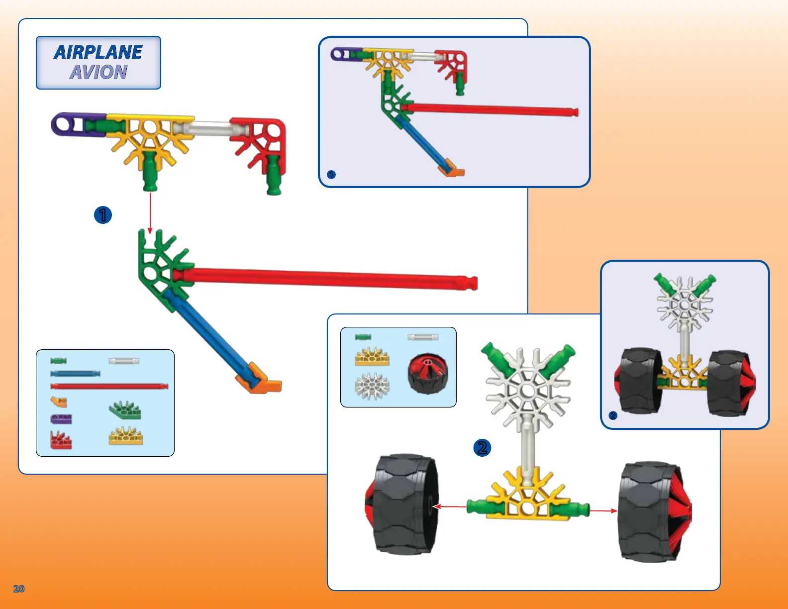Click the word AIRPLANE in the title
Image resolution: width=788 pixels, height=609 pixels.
(98, 52)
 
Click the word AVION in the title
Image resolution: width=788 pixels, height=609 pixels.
(98, 73)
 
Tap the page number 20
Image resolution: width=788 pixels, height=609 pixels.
(19, 589)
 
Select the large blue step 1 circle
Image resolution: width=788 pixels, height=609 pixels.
(103, 215)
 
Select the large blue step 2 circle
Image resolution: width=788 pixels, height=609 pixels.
(482, 447)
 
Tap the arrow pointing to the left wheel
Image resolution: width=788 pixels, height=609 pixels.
(450, 507)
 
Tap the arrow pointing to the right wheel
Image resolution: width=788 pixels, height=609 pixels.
(603, 510)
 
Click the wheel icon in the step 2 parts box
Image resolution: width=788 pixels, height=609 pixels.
(427, 374)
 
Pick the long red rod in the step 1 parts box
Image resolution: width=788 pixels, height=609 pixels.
(109, 386)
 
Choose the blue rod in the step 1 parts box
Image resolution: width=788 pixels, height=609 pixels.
(76, 374)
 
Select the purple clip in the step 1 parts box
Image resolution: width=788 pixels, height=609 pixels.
(61, 419)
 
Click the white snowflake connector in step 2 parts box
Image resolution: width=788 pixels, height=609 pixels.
(372, 386)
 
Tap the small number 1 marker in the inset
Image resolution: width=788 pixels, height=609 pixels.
(331, 175)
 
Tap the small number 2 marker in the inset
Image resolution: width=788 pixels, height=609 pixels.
(613, 415)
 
